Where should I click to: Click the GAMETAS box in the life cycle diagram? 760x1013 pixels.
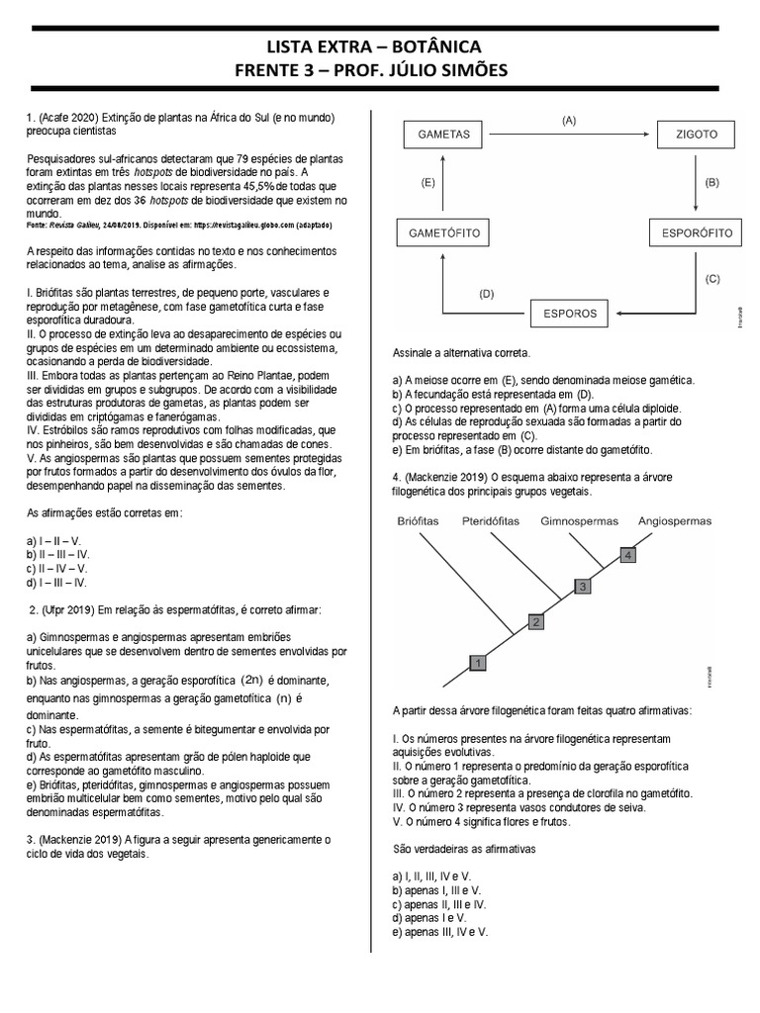pyautogui.click(x=442, y=135)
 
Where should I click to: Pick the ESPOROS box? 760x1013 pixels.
pyautogui.click(x=569, y=314)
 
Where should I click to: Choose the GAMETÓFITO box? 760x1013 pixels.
pyautogui.click(x=442, y=233)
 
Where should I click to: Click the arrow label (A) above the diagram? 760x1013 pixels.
pyautogui.click(x=568, y=120)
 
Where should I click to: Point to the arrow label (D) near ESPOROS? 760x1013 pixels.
pyautogui.click(x=486, y=294)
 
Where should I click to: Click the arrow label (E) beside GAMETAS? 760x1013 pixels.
pyautogui.click(x=427, y=183)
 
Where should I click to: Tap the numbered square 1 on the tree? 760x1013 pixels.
pyautogui.click(x=477, y=662)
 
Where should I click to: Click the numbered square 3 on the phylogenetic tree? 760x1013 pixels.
pyautogui.click(x=583, y=587)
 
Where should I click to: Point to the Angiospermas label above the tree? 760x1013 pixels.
pyautogui.click(x=678, y=520)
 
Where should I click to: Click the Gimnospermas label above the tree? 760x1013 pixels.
pyautogui.click(x=579, y=520)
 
